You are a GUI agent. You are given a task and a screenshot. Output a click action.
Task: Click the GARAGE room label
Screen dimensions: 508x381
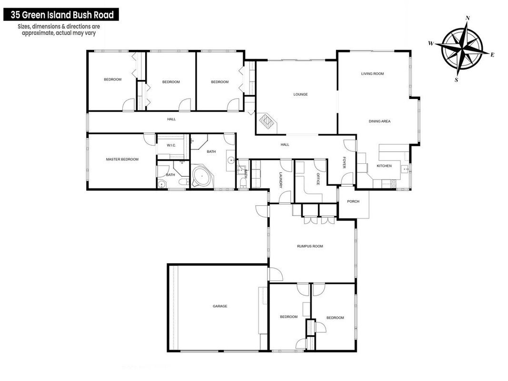pos(220,306)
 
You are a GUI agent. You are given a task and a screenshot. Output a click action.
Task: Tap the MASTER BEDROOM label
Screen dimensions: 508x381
pos(122,159)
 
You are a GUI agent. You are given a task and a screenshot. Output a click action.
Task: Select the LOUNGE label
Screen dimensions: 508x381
pos(300,94)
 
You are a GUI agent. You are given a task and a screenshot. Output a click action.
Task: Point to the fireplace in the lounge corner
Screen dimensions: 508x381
pos(267,122)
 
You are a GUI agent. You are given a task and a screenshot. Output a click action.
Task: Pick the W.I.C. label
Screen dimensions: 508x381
pos(171,145)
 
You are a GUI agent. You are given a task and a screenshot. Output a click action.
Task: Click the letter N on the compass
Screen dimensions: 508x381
pos(468,18)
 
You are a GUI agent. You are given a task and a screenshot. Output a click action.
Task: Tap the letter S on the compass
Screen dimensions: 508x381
pos(457,80)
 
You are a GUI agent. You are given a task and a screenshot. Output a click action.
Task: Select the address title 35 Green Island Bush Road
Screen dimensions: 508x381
pos(61,15)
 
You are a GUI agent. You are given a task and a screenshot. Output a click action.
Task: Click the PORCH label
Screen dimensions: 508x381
pos(353,201)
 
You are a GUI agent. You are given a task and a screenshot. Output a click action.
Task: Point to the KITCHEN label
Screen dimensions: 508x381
pos(384,166)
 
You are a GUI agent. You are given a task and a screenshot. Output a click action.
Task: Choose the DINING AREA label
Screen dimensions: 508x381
pos(379,121)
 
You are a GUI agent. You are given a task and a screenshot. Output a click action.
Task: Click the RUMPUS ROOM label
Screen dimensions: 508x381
pos(310,246)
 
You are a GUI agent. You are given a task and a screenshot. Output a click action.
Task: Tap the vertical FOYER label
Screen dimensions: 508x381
pos(344,162)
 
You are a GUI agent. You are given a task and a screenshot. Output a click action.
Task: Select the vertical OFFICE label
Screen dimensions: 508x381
pos(318,179)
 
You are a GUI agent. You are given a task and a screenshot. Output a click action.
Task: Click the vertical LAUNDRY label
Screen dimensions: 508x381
pos(281,180)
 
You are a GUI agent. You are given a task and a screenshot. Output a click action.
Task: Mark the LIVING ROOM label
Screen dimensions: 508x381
pos(373,73)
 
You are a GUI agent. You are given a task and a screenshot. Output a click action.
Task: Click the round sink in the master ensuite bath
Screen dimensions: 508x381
pos(162,184)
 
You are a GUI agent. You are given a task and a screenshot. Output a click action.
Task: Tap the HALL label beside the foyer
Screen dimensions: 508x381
pos(285,144)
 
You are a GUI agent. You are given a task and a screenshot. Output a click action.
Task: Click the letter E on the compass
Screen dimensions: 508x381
pos(492,55)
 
